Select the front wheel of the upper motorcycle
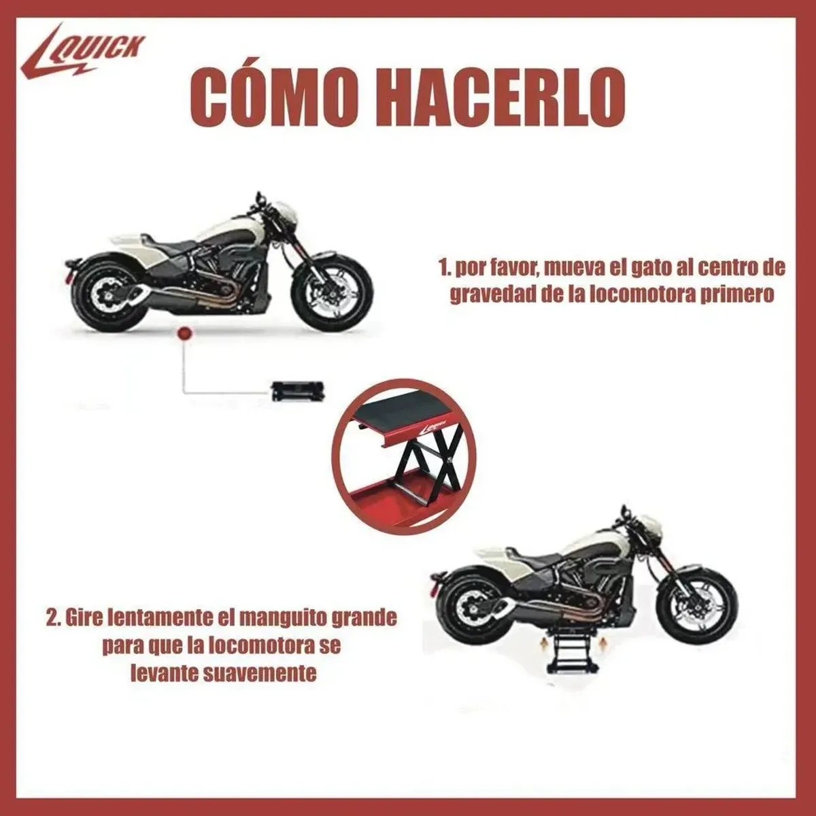332,290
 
